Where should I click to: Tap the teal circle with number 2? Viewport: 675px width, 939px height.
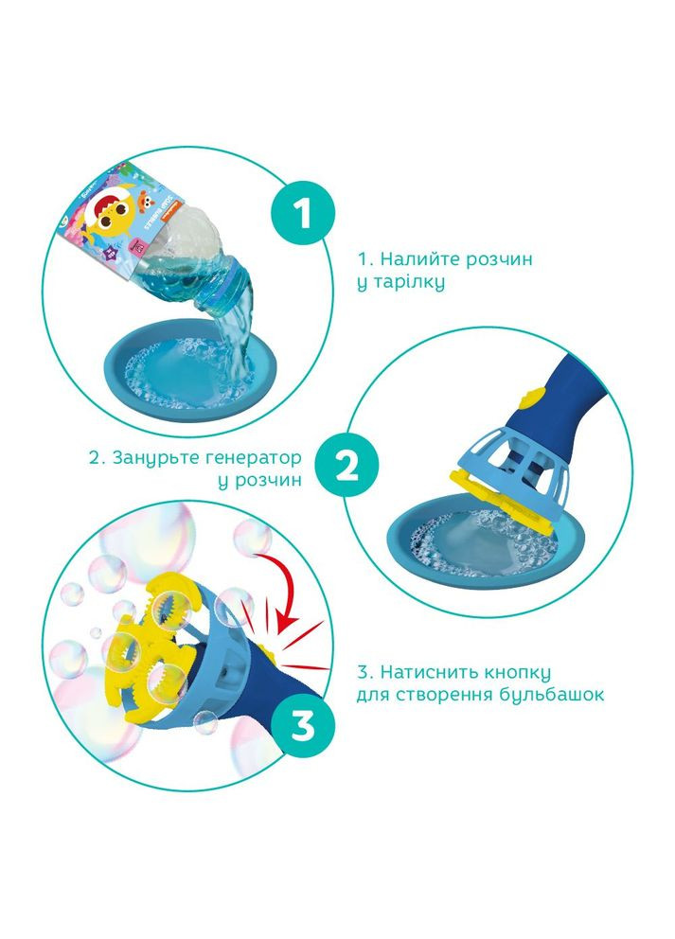click(346, 468)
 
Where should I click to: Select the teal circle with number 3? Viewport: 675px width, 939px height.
click(303, 726)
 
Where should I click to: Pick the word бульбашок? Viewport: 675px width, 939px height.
click(554, 696)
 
